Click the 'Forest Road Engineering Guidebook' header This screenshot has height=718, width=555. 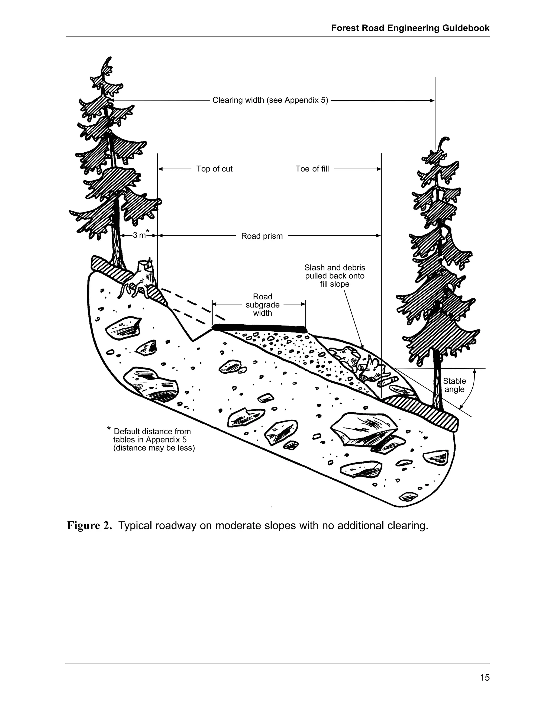click(410, 28)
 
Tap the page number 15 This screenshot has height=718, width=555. click(485, 677)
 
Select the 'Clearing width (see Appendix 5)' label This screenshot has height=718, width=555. click(270, 100)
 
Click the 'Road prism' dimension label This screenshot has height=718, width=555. click(262, 236)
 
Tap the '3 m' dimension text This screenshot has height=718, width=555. click(139, 235)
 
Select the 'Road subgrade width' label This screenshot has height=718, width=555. click(262, 305)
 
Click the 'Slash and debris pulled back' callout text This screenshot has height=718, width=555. click(334, 276)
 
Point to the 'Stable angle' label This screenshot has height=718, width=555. click(454, 385)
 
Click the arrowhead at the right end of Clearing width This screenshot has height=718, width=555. click(432, 101)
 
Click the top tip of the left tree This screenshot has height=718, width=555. click(109, 58)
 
